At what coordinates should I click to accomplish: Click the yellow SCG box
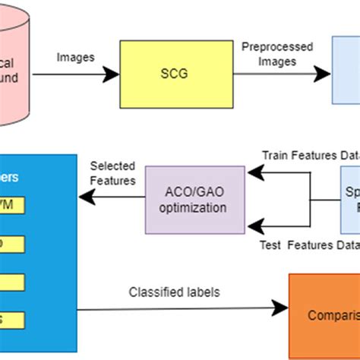pyautogui.click(x=174, y=74)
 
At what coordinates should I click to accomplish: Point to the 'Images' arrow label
pyautogui.click(x=76, y=57)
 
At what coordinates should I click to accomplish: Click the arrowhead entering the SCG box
pyautogui.click(x=112, y=74)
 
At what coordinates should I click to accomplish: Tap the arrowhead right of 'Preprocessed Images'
pyautogui.click(x=324, y=74)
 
